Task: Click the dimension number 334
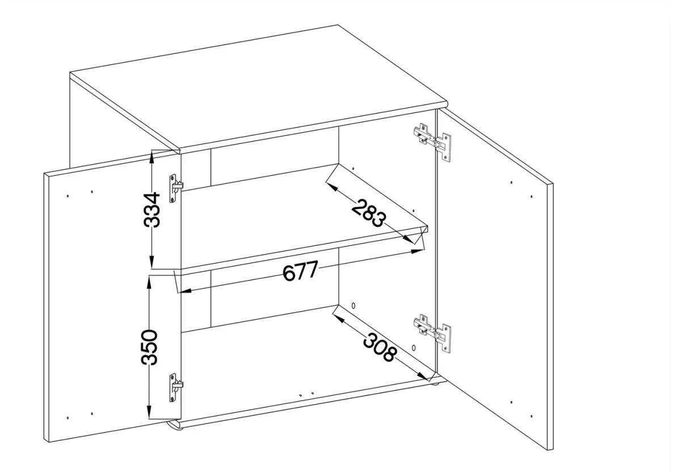152,210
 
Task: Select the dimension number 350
149,347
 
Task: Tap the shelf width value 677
300,271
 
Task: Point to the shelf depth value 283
369,213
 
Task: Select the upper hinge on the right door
432,142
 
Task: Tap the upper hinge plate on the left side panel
176,188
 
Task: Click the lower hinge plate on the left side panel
176,388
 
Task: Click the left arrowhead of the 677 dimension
185,291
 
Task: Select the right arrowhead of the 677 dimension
417,251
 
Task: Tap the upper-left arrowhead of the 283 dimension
332,187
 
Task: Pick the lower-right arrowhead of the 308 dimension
423,376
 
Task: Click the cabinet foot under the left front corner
175,426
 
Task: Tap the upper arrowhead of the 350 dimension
149,282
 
